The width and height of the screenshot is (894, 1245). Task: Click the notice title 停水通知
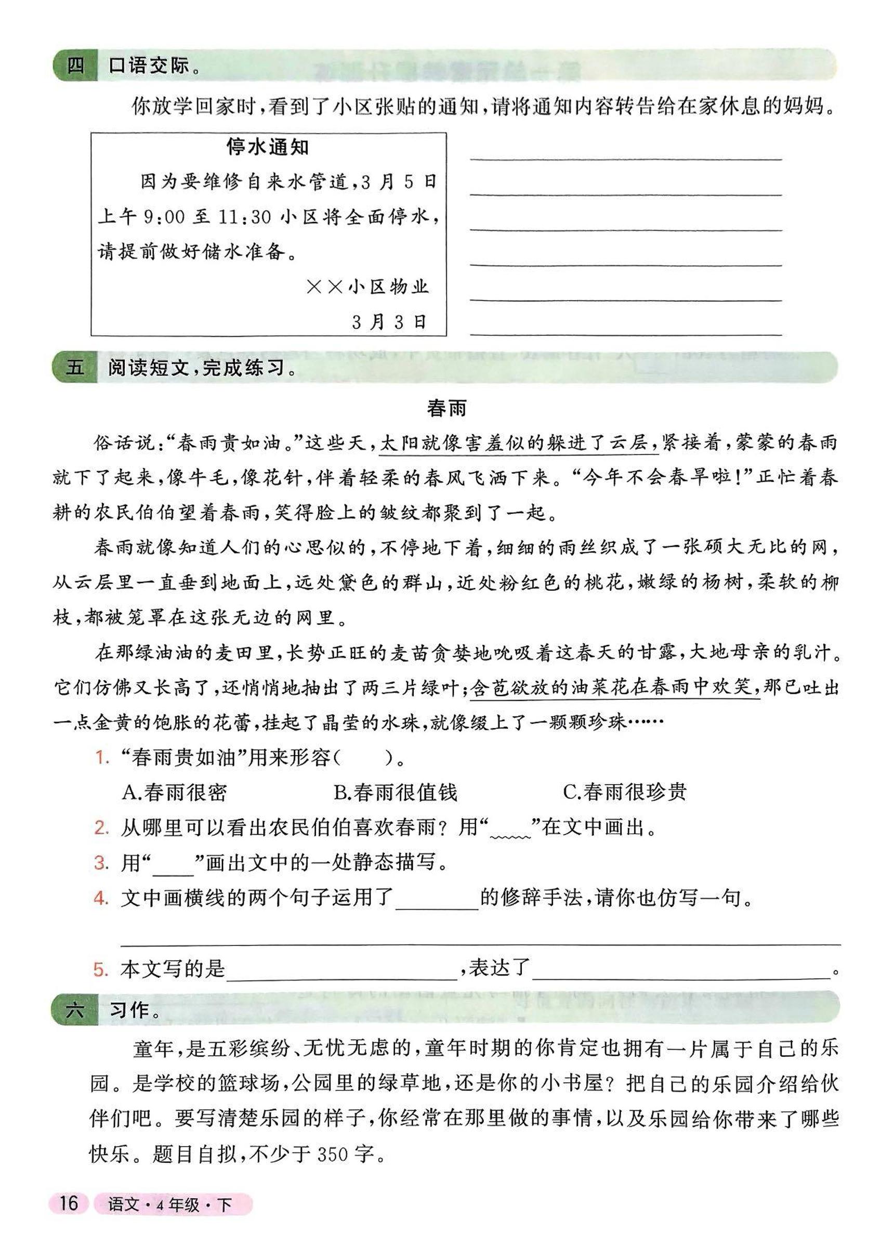268,147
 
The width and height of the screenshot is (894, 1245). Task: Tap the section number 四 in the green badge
76,66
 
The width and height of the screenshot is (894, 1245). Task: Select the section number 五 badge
76,367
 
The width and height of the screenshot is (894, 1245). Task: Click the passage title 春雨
446,408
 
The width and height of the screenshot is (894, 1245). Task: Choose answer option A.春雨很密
175,792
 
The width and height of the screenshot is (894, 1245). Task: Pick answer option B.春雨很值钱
396,792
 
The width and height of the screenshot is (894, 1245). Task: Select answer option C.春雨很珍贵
625,792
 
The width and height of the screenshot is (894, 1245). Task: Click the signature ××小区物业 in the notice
367,287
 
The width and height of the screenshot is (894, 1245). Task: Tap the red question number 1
102,758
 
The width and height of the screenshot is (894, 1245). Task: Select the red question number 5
101,969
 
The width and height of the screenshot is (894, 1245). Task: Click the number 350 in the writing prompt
333,1155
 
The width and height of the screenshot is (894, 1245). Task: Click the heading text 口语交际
149,66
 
